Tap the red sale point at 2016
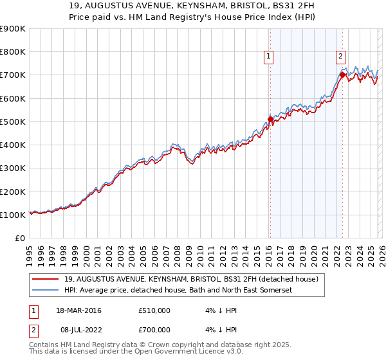[270, 120]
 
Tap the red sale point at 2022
[342, 75]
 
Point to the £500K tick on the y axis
[13, 122]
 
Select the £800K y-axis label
[13, 52]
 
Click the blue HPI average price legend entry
[178, 291]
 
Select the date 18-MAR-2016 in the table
[79, 310]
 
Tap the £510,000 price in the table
[154, 310]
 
